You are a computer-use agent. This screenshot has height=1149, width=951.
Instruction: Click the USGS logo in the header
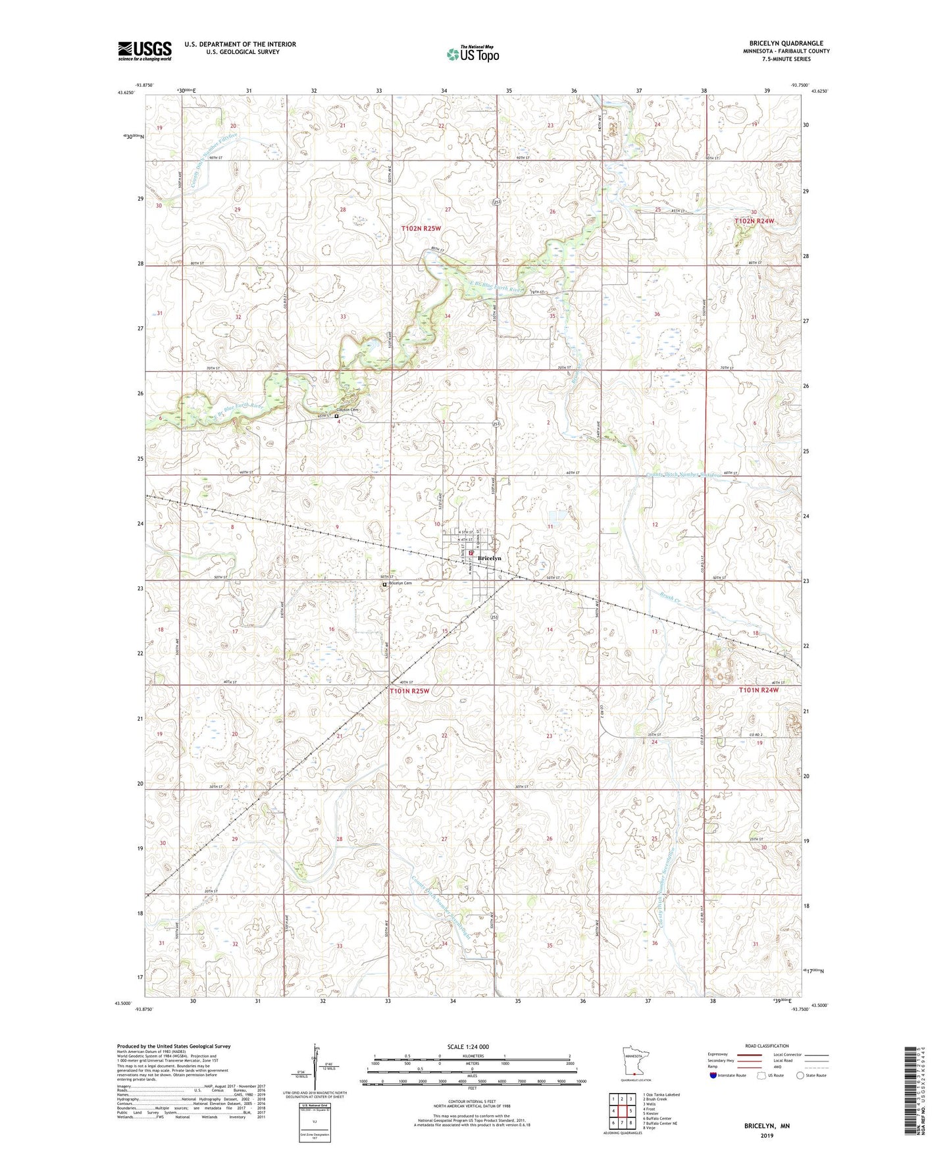pyautogui.click(x=145, y=51)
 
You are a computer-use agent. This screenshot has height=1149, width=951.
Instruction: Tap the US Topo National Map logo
pyautogui.click(x=473, y=54)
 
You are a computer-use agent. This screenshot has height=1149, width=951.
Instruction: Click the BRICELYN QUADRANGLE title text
pyautogui.click(x=789, y=43)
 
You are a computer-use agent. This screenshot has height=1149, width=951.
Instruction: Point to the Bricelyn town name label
pyautogui.click(x=489, y=558)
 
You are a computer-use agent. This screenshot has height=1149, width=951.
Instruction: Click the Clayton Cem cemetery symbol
pyautogui.click(x=336, y=416)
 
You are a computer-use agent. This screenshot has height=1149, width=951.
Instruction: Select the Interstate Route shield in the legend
pyautogui.click(x=714, y=1075)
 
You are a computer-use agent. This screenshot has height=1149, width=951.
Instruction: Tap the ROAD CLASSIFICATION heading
pyautogui.click(x=767, y=1046)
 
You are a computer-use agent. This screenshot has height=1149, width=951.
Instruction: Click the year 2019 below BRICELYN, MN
pyautogui.click(x=767, y=1136)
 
